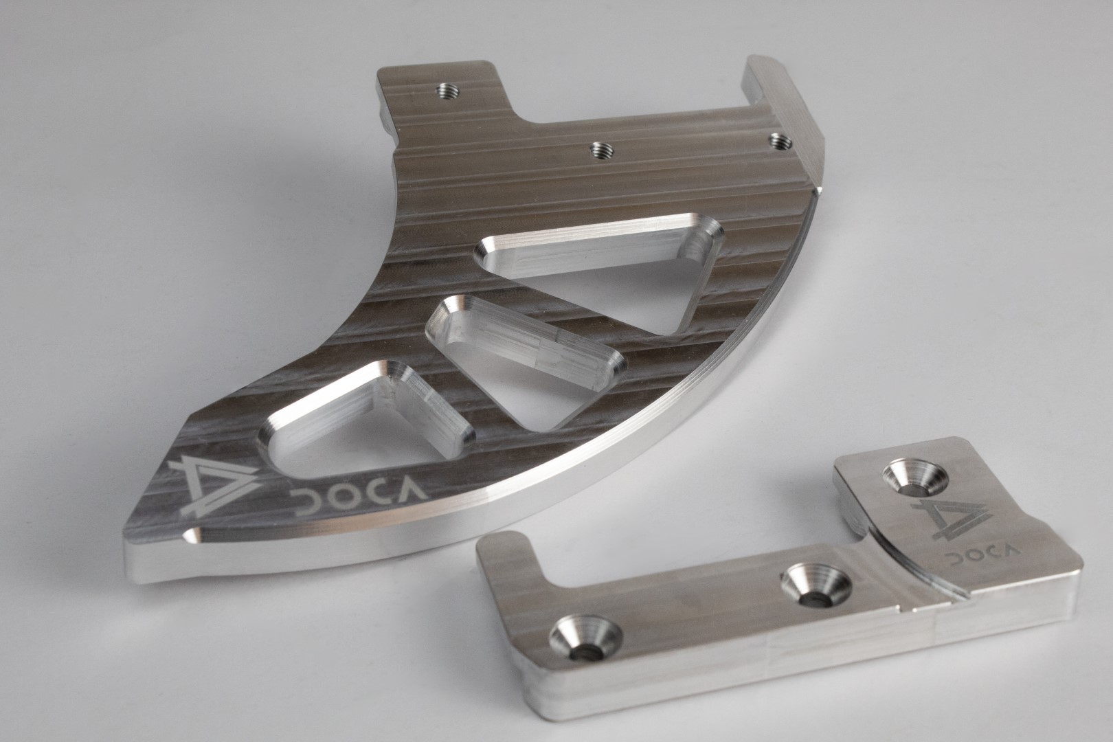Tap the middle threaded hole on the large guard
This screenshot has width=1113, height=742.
point(602,150)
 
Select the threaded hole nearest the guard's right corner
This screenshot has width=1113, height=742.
point(780,141)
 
